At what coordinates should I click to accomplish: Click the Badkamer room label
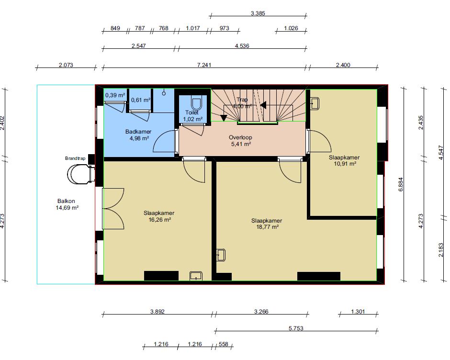tap(138, 132)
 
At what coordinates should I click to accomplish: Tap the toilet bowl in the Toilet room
tap(196, 103)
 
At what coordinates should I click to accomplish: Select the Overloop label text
tap(240, 137)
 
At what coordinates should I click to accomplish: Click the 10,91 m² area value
tap(345, 164)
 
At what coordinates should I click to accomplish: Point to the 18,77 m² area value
tap(267, 227)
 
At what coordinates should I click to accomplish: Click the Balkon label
tap(66, 201)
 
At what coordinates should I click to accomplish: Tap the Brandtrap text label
tap(75, 158)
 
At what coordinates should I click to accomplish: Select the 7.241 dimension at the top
tap(204, 65)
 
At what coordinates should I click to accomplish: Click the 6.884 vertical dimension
tap(401, 184)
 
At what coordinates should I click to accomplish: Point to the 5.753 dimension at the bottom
tap(296, 328)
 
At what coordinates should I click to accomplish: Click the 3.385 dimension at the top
tap(258, 13)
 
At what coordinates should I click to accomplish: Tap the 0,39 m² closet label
tap(115, 95)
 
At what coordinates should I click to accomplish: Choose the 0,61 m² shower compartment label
tap(141, 100)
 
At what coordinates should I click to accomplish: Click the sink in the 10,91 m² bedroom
tap(315, 103)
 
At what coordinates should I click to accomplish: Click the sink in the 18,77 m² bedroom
tap(221, 255)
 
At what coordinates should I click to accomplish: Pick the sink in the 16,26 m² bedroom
tap(196, 276)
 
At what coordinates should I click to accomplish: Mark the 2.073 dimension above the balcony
tap(66, 65)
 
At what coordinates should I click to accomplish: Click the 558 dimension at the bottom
tap(223, 344)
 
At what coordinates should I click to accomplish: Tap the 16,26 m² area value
tap(160, 220)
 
